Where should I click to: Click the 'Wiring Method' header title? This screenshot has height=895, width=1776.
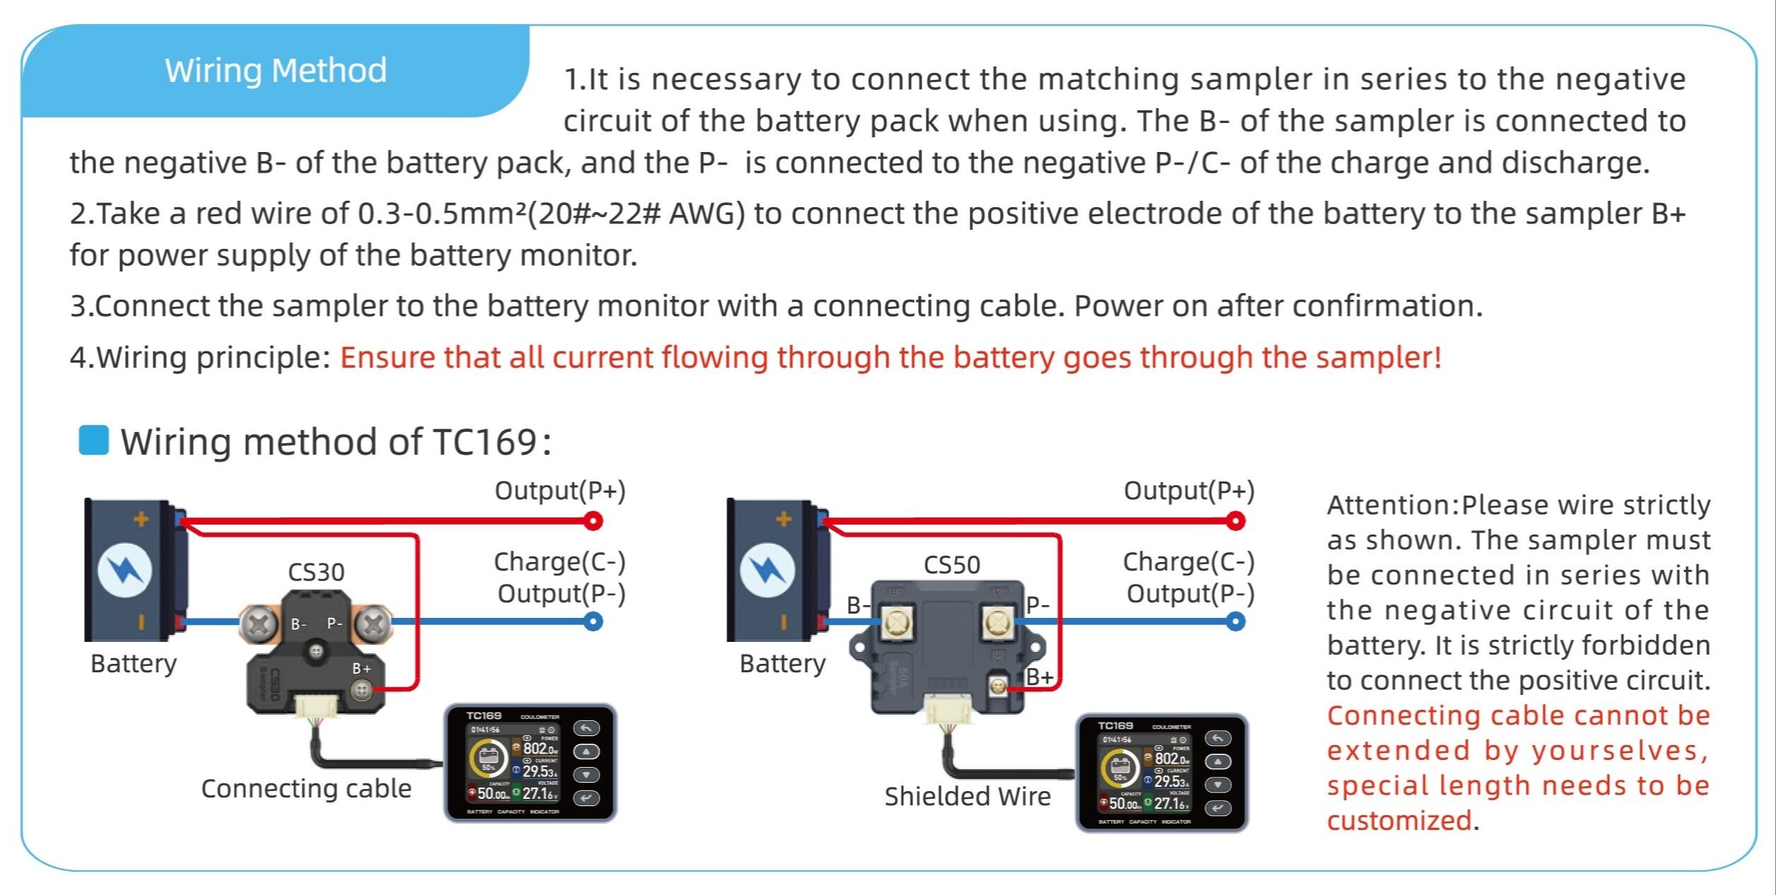[276, 71]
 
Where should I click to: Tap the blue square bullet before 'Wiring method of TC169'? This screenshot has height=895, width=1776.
[93, 440]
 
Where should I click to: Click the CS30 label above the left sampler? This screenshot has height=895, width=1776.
[316, 572]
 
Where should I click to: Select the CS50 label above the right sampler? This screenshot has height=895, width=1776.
[952, 565]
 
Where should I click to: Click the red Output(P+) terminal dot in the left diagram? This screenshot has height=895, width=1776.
[593, 522]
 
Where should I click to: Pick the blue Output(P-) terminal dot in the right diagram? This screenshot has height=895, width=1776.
[1236, 622]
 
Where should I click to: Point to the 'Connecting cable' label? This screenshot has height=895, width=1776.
[306, 788]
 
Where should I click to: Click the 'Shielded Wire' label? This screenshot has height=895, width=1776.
[968, 797]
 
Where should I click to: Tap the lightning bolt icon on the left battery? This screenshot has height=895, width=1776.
[124, 570]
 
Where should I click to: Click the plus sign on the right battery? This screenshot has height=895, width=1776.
[784, 520]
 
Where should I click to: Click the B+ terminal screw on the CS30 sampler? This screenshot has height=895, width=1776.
[361, 689]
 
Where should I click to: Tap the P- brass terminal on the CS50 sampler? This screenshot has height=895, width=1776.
[997, 622]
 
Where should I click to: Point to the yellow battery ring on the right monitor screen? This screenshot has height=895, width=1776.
[1119, 769]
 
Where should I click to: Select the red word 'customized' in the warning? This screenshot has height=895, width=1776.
[1399, 821]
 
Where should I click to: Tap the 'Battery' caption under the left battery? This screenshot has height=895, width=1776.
[134, 664]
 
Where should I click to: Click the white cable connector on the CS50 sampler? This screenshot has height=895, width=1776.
[948, 710]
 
